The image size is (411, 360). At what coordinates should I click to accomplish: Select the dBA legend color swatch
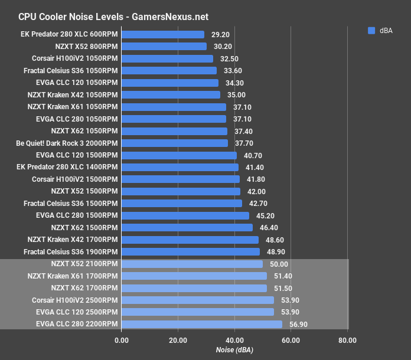[x=371, y=31]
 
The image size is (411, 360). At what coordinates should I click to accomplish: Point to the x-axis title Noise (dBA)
[x=234, y=351]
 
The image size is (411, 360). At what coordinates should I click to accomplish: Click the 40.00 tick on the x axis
[x=234, y=339]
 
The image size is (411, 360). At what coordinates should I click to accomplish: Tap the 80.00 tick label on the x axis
[x=347, y=339]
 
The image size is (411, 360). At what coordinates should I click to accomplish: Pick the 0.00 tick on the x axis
[x=121, y=339]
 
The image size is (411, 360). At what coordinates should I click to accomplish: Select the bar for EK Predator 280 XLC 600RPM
[x=162, y=35]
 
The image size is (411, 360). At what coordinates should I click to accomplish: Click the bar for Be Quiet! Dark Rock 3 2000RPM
[x=174, y=143]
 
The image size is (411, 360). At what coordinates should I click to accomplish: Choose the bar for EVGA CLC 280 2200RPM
[x=201, y=324]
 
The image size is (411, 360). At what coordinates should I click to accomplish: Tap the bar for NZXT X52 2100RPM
[x=192, y=264]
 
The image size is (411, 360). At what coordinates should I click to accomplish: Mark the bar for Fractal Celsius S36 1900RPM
[x=190, y=251]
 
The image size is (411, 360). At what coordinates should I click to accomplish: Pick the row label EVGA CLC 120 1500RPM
[x=77, y=155]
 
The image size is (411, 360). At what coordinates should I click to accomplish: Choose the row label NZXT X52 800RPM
[x=84, y=47]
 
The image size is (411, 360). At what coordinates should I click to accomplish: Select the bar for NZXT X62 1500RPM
[x=187, y=227]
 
